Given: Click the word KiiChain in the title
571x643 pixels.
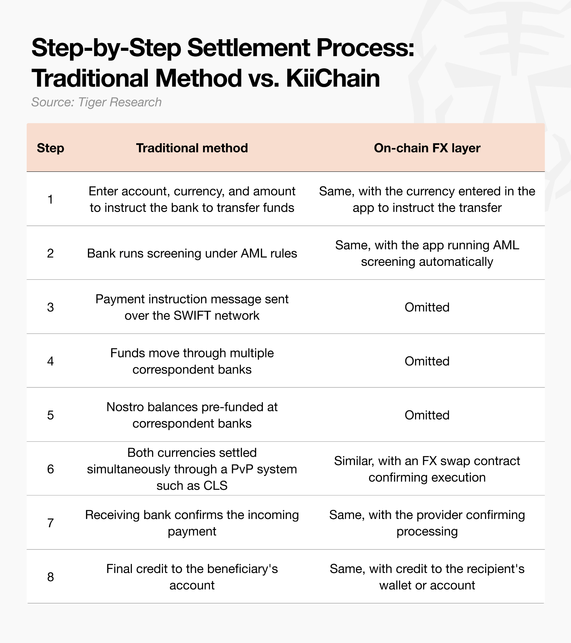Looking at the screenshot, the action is tap(333, 78).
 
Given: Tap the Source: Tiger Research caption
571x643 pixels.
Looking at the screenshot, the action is tap(96, 102).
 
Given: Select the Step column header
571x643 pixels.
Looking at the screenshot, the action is tap(50, 148).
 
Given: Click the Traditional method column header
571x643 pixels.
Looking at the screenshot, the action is tap(192, 148).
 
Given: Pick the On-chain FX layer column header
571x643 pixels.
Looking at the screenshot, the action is tap(427, 148).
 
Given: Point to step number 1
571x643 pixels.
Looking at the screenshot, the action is tap(50, 199).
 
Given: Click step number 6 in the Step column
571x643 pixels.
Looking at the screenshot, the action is tap(50, 469).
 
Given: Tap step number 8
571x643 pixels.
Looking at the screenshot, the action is tap(50, 577).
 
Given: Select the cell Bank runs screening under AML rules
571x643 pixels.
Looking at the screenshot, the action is tap(192, 253).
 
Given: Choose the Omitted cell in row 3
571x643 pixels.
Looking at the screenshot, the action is tap(427, 307).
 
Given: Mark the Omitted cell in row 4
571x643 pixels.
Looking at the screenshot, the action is tap(427, 361).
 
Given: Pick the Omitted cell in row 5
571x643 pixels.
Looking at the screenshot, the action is tap(427, 415).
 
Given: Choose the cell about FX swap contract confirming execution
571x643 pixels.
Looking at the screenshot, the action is tap(427, 469).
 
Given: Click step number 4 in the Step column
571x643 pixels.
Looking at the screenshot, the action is tap(50, 361).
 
